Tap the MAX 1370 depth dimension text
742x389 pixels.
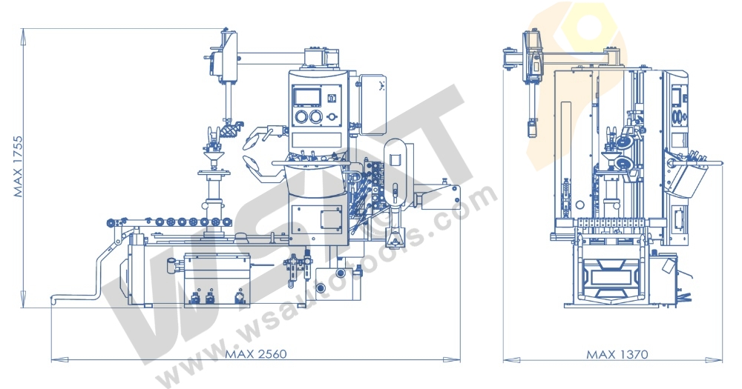tap(617, 354)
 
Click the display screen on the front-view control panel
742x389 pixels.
tap(306, 96)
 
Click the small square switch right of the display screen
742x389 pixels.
tap(333, 97)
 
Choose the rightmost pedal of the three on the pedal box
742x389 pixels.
tap(240, 298)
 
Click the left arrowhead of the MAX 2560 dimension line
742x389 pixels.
tap(54, 360)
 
